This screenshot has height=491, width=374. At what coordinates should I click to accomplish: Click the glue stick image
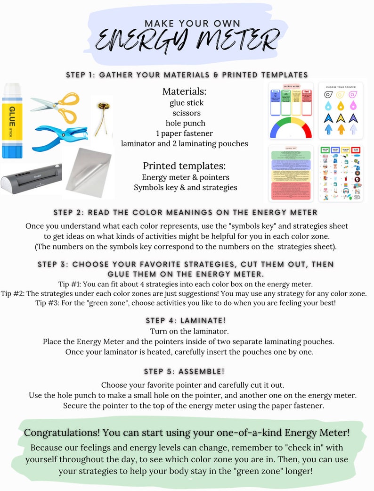pyautogui.click(x=12, y=120)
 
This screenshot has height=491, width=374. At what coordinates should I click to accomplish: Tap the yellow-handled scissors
pyautogui.click(x=56, y=103)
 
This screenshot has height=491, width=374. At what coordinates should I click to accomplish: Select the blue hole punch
pyautogui.click(x=60, y=138)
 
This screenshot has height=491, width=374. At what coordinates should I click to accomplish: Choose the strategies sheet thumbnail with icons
pyautogui.click(x=340, y=174)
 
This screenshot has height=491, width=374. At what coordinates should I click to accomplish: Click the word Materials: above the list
pyautogui.click(x=184, y=91)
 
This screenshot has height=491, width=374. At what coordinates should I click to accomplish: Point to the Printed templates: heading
pyautogui.click(x=184, y=166)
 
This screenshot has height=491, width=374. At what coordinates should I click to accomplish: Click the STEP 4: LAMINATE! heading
pyautogui.click(x=184, y=321)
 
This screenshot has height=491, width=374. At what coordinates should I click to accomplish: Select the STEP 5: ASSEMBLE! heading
pyautogui.click(x=184, y=371)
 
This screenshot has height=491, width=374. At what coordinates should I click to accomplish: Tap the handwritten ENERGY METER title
pyautogui.click(x=187, y=40)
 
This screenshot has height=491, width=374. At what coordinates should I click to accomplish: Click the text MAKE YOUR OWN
pyautogui.click(x=192, y=24)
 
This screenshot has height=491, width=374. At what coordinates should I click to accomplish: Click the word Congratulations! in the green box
pyautogui.click(x=60, y=433)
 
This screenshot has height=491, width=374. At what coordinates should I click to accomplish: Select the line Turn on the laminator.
pyautogui.click(x=184, y=331)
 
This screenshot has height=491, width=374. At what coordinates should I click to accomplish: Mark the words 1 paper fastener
pyautogui.click(x=184, y=133)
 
